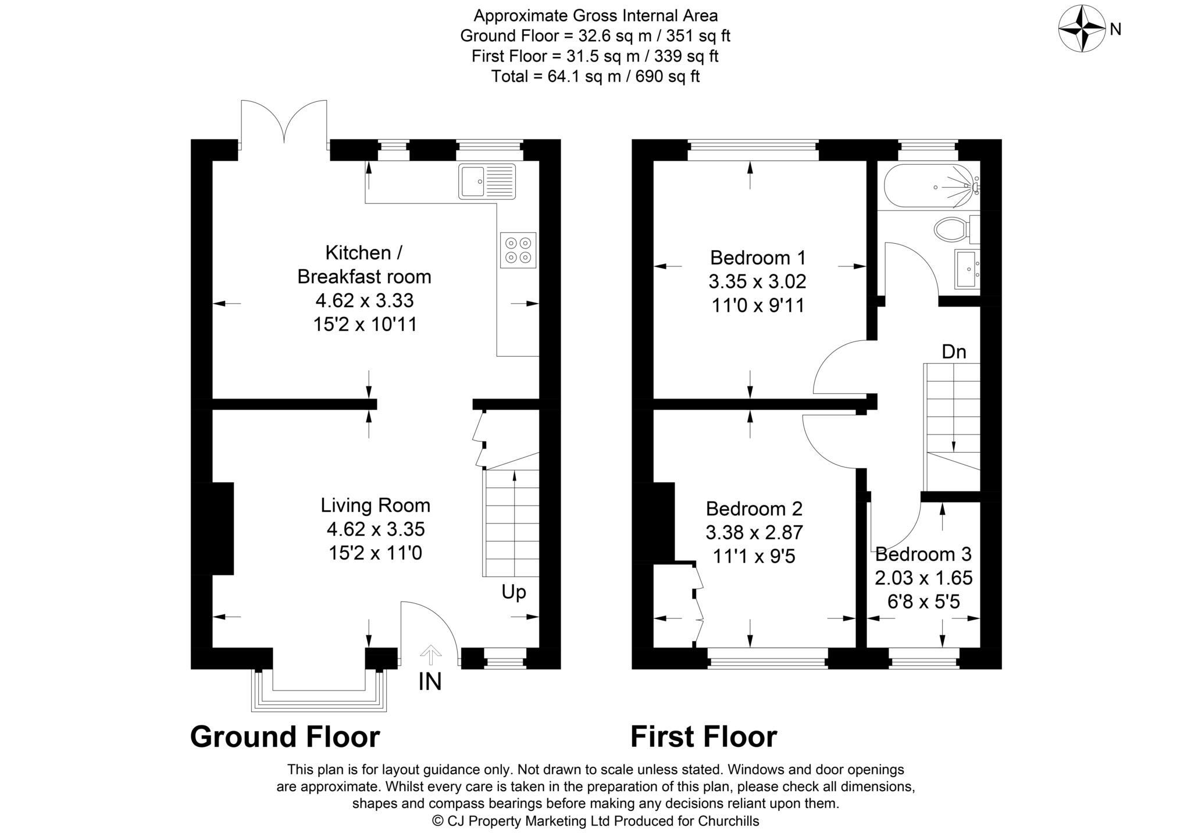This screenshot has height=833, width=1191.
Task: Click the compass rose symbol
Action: point(1081,29)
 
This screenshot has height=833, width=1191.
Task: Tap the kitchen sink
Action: point(487,181)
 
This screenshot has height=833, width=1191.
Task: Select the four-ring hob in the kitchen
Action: point(518,250)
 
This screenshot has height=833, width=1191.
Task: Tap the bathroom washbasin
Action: point(967,269)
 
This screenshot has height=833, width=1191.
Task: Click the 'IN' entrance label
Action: point(430,681)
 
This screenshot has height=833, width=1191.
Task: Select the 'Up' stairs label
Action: point(514,592)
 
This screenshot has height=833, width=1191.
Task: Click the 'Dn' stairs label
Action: point(954,352)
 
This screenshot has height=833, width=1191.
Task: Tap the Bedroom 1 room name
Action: point(758,257)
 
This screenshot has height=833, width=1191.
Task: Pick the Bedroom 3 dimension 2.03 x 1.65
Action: point(923,578)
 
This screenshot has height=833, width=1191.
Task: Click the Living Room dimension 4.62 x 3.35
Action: point(376,529)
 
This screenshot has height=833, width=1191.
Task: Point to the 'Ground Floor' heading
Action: point(285,736)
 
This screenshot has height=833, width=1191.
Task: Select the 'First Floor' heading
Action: point(704,736)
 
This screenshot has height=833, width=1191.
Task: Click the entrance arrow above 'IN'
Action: point(430,654)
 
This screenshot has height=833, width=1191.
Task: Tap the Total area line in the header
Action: point(595,76)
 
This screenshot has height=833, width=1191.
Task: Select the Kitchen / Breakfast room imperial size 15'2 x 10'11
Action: point(365,324)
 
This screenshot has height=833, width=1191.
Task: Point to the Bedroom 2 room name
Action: point(754,508)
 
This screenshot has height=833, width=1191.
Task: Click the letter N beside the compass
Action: point(1115,29)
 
